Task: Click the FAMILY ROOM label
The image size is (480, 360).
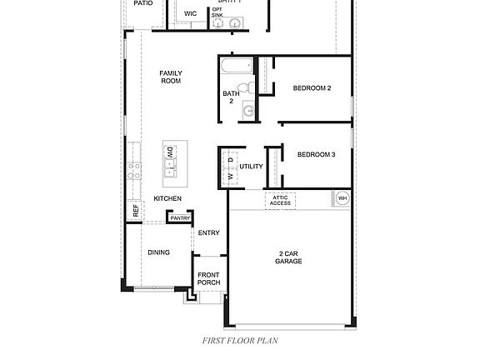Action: (x=171, y=77)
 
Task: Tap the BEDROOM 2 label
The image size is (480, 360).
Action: (x=312, y=87)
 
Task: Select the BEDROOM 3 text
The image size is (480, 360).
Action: (x=316, y=154)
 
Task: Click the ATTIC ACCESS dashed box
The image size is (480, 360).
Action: (x=280, y=200)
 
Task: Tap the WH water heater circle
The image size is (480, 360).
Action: (x=342, y=198)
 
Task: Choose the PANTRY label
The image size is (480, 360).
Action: (x=180, y=218)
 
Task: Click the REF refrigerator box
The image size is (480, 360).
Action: (x=134, y=210)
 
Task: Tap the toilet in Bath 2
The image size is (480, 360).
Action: (x=243, y=88)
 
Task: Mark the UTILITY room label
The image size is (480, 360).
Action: (x=251, y=167)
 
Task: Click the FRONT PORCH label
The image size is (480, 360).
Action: (x=208, y=278)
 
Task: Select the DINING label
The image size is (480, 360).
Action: (x=158, y=252)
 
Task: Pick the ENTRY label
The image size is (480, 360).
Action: (x=208, y=232)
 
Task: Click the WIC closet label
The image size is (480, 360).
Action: (x=190, y=13)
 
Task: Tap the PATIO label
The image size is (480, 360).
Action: (x=142, y=3)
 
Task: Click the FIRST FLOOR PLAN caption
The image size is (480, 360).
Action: (x=240, y=340)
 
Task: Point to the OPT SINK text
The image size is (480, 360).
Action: (x=217, y=12)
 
